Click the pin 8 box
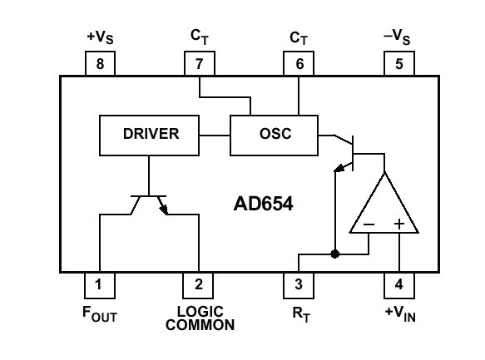coord(100,63)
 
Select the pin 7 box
coord(199,63)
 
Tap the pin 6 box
coord(299,63)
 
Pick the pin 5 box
coord(399,63)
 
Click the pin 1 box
coord(100,285)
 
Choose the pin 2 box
coord(198,285)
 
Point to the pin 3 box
coord(299,285)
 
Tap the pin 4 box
coord(399,285)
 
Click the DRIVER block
coord(149,136)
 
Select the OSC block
coord(274,136)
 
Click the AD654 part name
coord(263,204)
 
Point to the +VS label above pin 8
coord(100,37)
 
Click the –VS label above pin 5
coord(397,37)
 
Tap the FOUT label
coord(100,314)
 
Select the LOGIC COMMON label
coord(200,318)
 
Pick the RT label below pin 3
coord(301,314)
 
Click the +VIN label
coord(400,314)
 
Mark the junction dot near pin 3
coord(334,254)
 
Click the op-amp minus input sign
coord(369,224)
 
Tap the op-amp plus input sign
coord(399,224)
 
